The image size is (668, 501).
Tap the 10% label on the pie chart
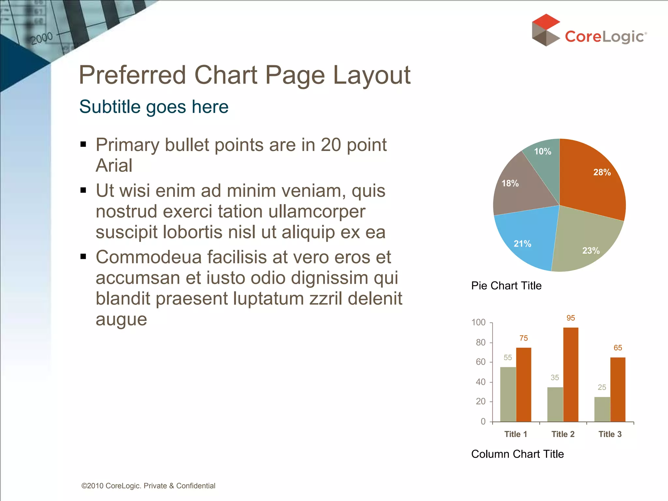tap(542, 151)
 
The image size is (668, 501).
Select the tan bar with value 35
tap(555, 404)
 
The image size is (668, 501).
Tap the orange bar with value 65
tap(618, 389)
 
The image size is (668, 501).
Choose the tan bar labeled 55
tap(508, 394)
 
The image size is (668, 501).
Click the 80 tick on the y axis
tap(480, 342)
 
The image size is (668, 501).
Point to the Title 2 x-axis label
tap(563, 434)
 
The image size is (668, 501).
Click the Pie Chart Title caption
tap(506, 286)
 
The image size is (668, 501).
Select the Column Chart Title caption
tap(517, 454)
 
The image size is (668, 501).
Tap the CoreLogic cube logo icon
tap(545, 30)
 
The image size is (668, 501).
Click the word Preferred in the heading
tap(132, 75)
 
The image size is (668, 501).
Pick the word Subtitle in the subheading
tap(110, 107)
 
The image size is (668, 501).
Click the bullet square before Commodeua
tap(83, 257)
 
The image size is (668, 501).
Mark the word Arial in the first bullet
tap(114, 165)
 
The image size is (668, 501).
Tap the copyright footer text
tap(148, 486)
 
